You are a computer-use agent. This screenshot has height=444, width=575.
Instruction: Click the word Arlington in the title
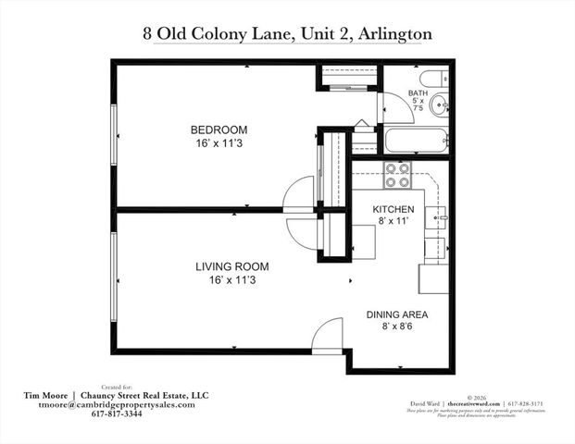point(391,34)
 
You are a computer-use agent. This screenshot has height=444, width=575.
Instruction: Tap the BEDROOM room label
point(218,129)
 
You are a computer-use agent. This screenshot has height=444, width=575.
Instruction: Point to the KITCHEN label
point(394,209)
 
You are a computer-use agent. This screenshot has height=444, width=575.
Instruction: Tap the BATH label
point(419,93)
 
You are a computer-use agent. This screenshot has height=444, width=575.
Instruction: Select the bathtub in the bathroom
point(416,142)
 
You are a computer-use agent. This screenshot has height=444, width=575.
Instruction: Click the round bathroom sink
point(440,104)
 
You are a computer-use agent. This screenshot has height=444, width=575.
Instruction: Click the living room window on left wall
point(113,268)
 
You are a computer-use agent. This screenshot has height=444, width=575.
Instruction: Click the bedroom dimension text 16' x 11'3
point(218,144)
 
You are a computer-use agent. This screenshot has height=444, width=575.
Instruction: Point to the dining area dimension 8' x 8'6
point(398,327)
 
